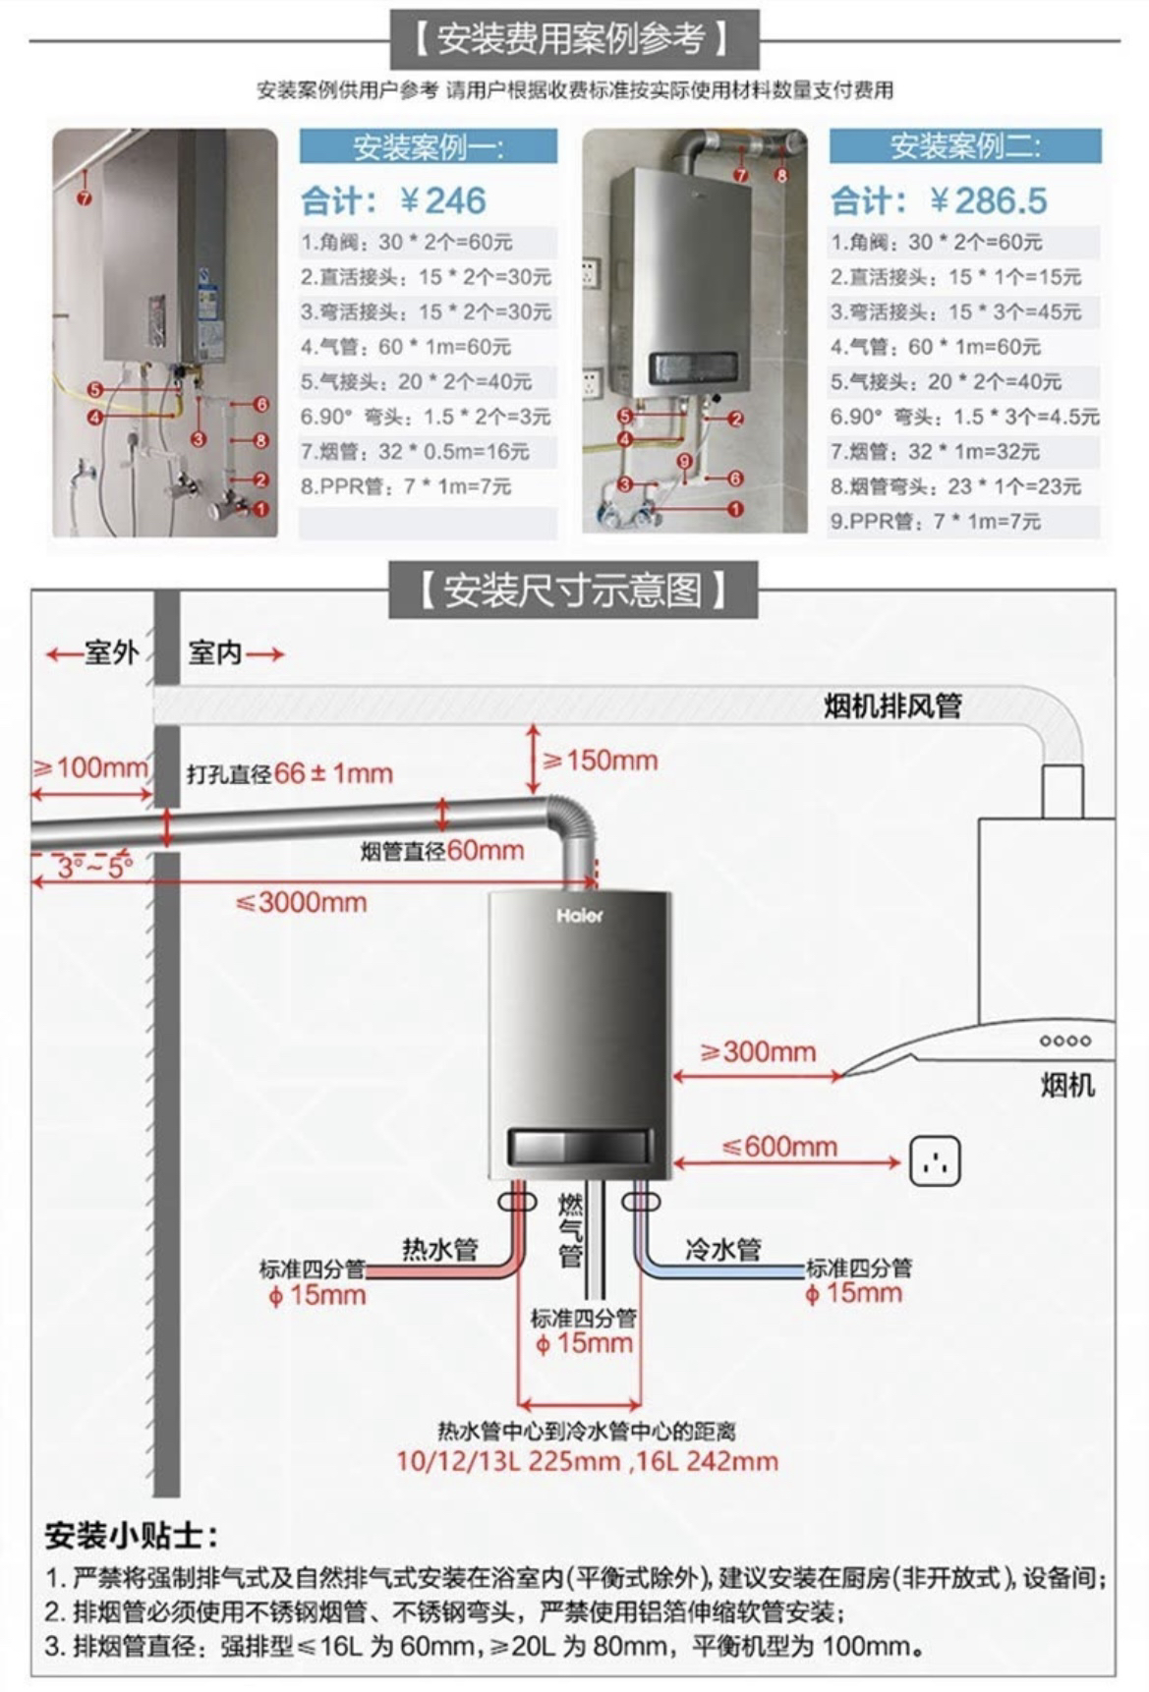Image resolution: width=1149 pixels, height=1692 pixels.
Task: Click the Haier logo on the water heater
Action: point(579,916)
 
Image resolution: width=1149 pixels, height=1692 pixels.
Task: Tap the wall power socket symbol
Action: point(935,1161)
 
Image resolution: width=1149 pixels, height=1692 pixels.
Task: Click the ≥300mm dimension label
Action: point(758,1052)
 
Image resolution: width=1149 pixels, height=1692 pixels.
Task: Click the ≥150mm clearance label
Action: point(600,761)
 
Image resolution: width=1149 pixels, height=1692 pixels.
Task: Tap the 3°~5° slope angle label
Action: point(93,868)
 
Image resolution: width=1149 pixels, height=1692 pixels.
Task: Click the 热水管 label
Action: point(439,1249)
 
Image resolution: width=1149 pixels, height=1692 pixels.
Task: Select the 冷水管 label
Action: point(723,1249)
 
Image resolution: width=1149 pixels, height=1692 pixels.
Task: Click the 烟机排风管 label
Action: point(892,705)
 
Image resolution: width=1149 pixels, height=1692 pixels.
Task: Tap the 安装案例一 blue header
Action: point(428,147)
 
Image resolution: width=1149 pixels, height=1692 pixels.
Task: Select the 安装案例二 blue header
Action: point(964,147)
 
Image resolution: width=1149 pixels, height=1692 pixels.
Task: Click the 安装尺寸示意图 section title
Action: point(573,591)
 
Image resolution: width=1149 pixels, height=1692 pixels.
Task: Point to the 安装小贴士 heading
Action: point(131,1535)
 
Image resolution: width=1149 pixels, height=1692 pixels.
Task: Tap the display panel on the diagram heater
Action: point(579,1146)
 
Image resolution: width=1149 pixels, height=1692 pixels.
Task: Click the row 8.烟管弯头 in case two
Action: point(954,486)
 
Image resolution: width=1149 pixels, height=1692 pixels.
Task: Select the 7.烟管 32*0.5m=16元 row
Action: point(415,452)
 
